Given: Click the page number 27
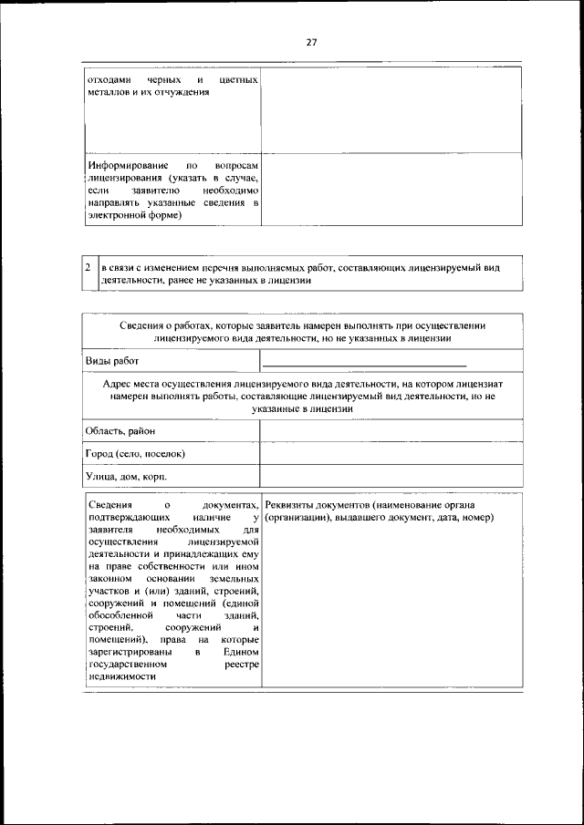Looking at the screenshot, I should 310,42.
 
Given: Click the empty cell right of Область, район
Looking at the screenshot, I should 391,430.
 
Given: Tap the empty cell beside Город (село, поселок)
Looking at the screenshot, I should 391,453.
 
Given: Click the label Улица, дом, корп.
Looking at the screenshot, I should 126,476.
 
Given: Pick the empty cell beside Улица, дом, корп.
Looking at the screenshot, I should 391,476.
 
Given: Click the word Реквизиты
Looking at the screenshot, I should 290,504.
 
